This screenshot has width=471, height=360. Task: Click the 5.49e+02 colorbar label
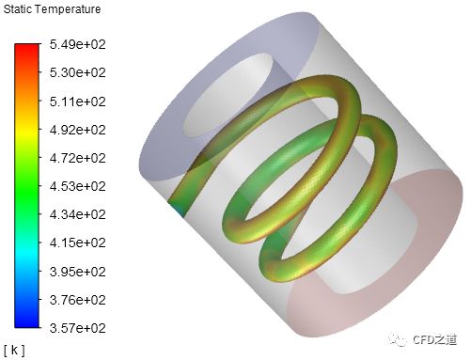[x=77, y=44]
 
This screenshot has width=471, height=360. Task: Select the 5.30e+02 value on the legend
[x=77, y=72]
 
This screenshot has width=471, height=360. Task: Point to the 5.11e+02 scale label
[x=77, y=102]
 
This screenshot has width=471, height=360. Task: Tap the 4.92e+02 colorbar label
[x=77, y=130]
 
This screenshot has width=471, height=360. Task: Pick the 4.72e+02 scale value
[x=77, y=158]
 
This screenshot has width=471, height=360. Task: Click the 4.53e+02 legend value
[x=77, y=186]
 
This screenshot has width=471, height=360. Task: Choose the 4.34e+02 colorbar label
[x=77, y=214]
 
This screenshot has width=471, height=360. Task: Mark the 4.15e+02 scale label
[x=77, y=243]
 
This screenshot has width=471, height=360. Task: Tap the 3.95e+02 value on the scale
[x=77, y=272]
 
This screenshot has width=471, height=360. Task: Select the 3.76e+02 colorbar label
[x=77, y=300]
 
